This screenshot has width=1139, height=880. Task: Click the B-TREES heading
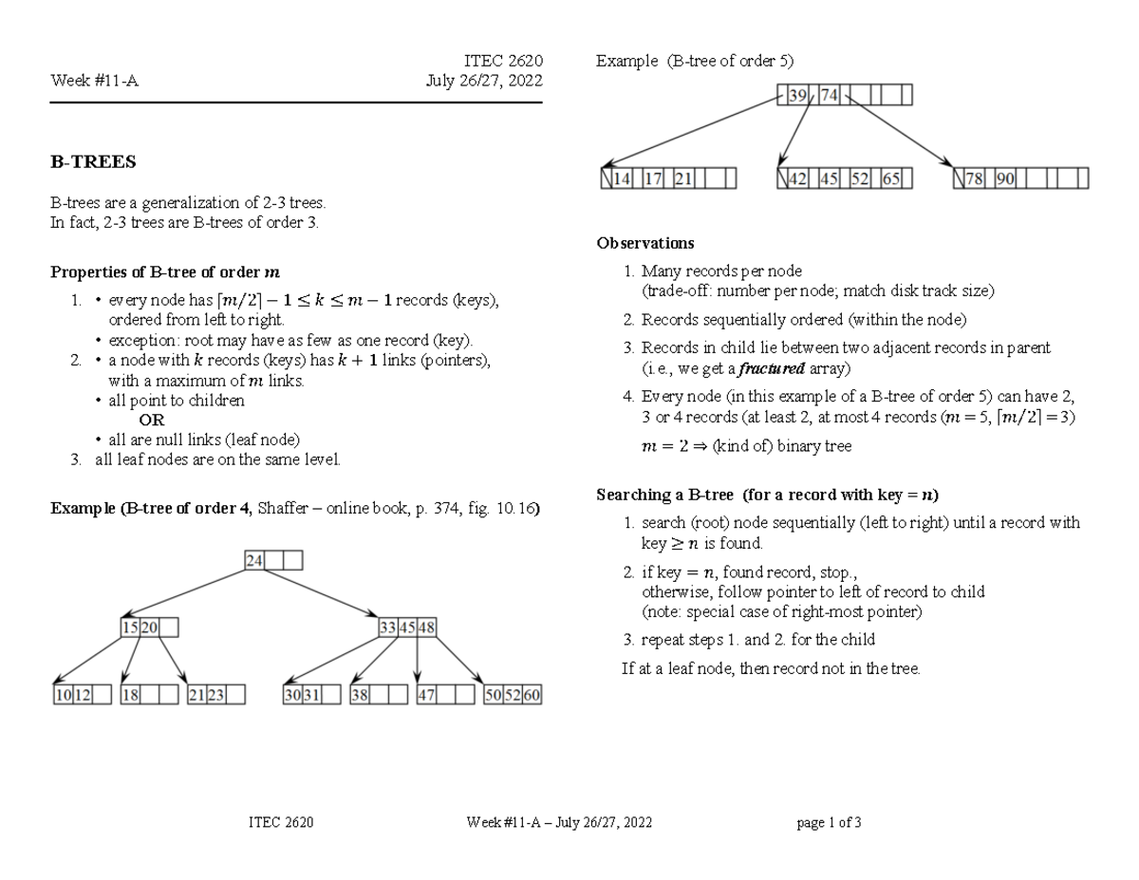pyautogui.click(x=93, y=162)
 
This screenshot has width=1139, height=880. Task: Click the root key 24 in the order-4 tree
pyautogui.click(x=254, y=560)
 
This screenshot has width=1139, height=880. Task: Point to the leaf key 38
pyautogui.click(x=360, y=695)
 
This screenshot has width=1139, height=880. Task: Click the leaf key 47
pyautogui.click(x=427, y=695)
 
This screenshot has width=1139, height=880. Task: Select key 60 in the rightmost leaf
pyautogui.click(x=532, y=695)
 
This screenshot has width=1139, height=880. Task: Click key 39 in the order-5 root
pyautogui.click(x=798, y=95)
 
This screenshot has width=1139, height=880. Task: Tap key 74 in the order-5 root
pyautogui.click(x=829, y=95)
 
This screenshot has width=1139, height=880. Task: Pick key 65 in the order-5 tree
pyautogui.click(x=889, y=178)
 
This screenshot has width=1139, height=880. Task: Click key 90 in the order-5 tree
pyautogui.click(x=1005, y=178)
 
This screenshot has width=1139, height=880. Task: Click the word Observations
pyautogui.click(x=631, y=244)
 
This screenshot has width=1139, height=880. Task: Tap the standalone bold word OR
pyautogui.click(x=152, y=420)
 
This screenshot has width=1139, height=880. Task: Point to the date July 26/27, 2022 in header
pyautogui.click(x=484, y=81)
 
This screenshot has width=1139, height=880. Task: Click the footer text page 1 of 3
pyautogui.click(x=829, y=823)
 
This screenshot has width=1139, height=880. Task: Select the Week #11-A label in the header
pyautogui.click(x=94, y=81)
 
